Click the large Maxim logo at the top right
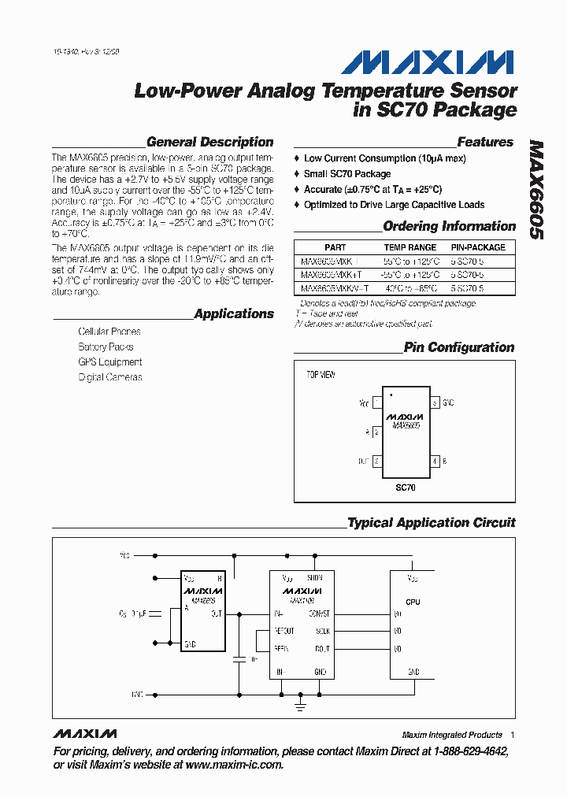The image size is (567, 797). point(432,63)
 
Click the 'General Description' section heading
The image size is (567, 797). point(209,143)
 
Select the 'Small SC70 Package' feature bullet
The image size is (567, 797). point(347,174)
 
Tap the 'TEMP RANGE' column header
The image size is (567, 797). point(409,247)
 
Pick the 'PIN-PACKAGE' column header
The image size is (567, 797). point(478,247)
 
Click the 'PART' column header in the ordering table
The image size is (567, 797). point(335,247)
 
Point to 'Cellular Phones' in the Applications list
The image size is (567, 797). point(109,332)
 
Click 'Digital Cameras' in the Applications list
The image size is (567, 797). point(110,377)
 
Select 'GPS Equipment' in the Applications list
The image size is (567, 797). point(110,362)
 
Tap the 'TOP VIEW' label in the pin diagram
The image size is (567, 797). point(321,375)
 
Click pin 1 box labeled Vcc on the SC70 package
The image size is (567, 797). point(376,402)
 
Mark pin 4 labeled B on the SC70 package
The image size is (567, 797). point(434,461)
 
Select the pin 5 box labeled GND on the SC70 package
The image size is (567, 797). point(434,402)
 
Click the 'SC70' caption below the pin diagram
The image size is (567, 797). point(405,488)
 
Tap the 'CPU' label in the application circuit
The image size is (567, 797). point(413,602)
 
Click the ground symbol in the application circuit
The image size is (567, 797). point(300,706)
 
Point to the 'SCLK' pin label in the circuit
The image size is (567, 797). point(323,631)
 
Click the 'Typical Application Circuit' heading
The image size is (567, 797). point(431,523)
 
